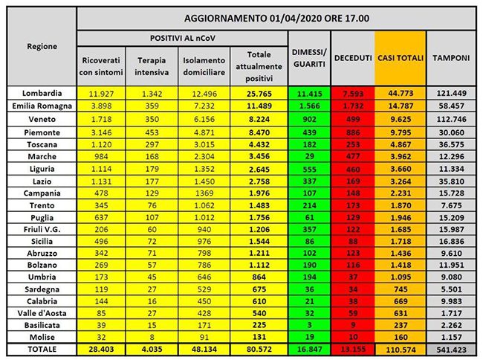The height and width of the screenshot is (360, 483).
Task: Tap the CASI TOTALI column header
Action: pos(401,57)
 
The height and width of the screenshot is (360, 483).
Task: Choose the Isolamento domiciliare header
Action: pos(202,65)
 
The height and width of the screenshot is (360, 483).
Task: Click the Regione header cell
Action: pos(42,45)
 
